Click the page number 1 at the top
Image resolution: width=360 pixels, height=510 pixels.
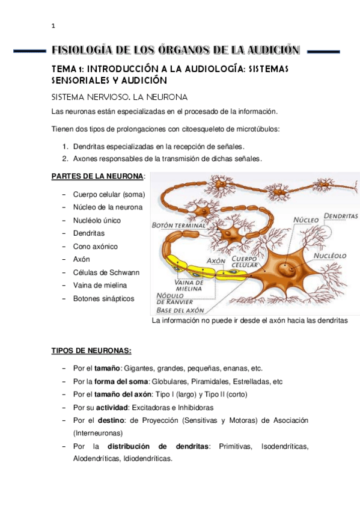(x=53, y=26)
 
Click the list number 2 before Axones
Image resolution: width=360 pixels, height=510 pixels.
(x=65, y=159)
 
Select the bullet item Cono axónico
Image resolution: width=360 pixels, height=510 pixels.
(x=96, y=247)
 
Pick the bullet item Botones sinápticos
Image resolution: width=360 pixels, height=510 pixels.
(x=104, y=298)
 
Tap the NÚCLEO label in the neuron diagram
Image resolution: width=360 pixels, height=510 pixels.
(x=305, y=220)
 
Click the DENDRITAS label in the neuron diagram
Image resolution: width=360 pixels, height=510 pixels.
(x=341, y=215)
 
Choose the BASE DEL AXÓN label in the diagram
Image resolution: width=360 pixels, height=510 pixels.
(x=180, y=310)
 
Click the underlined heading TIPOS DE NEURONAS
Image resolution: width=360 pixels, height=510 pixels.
(x=91, y=351)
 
